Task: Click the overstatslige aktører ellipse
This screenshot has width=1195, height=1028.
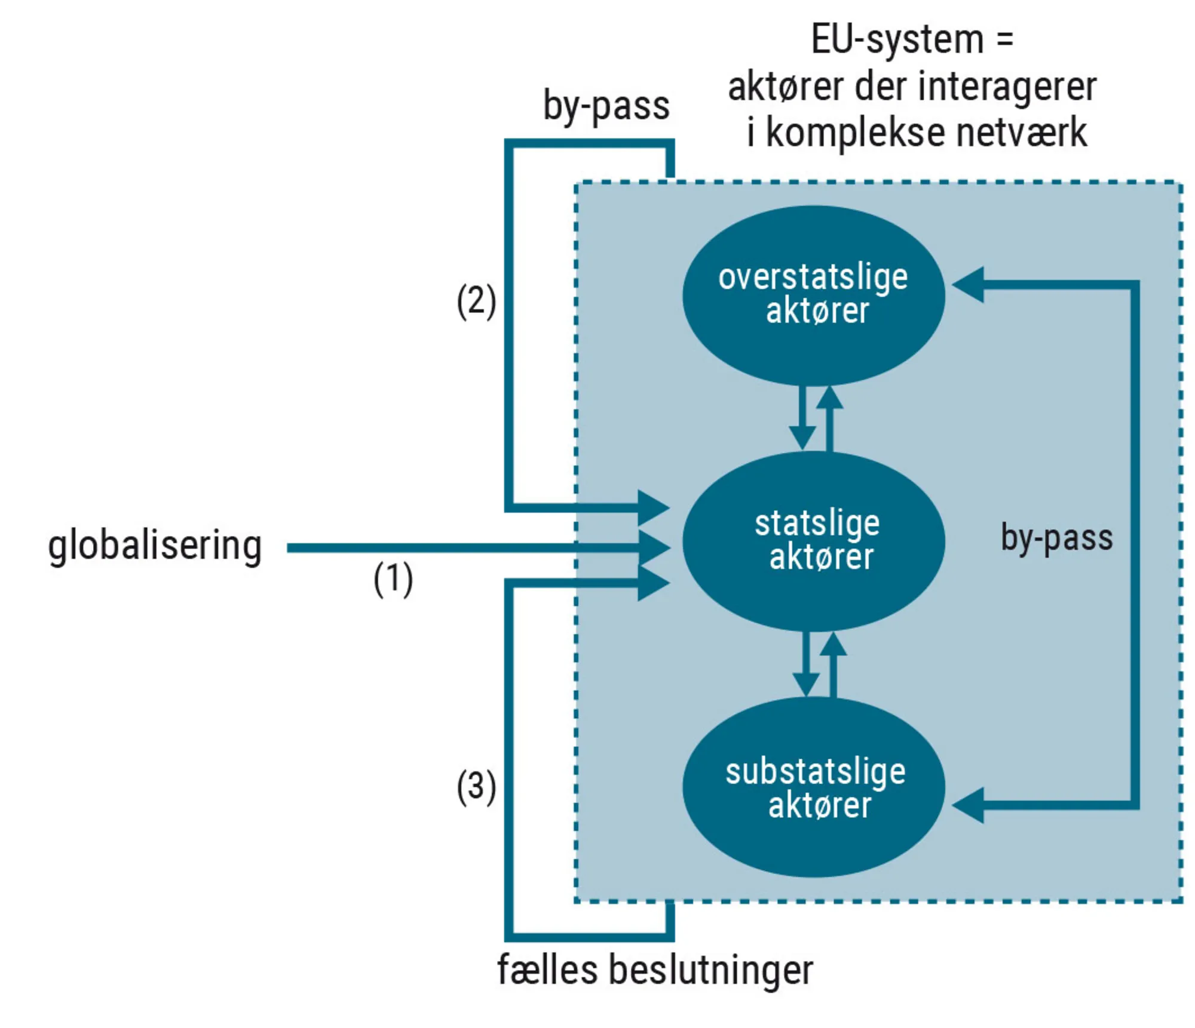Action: (813, 296)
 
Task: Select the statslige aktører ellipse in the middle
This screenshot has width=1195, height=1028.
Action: (813, 541)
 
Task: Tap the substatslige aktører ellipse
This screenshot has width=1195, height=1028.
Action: (813, 787)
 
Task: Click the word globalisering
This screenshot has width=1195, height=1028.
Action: (155, 546)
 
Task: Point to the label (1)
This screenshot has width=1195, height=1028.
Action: (393, 580)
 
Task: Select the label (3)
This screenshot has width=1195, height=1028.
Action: (476, 787)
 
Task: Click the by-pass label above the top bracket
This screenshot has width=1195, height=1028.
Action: (606, 106)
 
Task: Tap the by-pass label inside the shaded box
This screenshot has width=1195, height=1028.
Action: (1056, 537)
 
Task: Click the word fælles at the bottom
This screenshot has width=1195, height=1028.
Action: (547, 970)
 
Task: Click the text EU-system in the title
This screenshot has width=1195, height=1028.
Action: (896, 40)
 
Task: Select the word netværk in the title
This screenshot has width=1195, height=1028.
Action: (1021, 133)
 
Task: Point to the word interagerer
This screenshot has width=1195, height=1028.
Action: (1007, 87)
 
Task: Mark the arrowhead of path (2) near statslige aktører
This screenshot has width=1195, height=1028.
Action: (653, 507)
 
